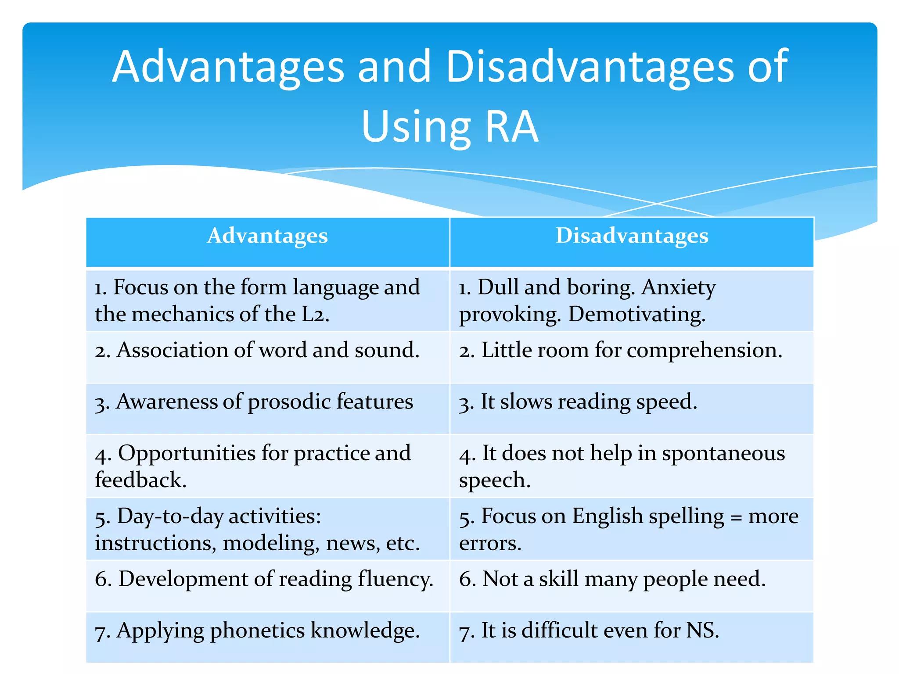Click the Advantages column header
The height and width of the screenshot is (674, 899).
coord(267,237)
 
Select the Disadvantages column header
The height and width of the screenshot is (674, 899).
coord(632,237)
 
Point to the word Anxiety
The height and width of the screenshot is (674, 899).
coord(679,287)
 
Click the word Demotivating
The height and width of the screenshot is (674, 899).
coord(637,315)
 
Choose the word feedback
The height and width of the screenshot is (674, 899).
coord(140,480)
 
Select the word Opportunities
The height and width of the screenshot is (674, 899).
coord(187,453)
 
